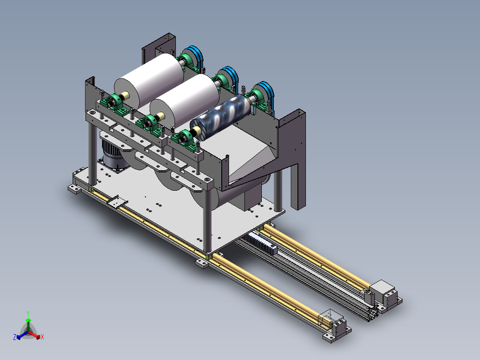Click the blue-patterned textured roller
[x=220, y=116]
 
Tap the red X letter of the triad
[x=42, y=337]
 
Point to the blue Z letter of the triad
[x=15, y=337]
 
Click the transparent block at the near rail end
[x=330, y=318]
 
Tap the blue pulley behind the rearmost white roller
[x=195, y=57]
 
